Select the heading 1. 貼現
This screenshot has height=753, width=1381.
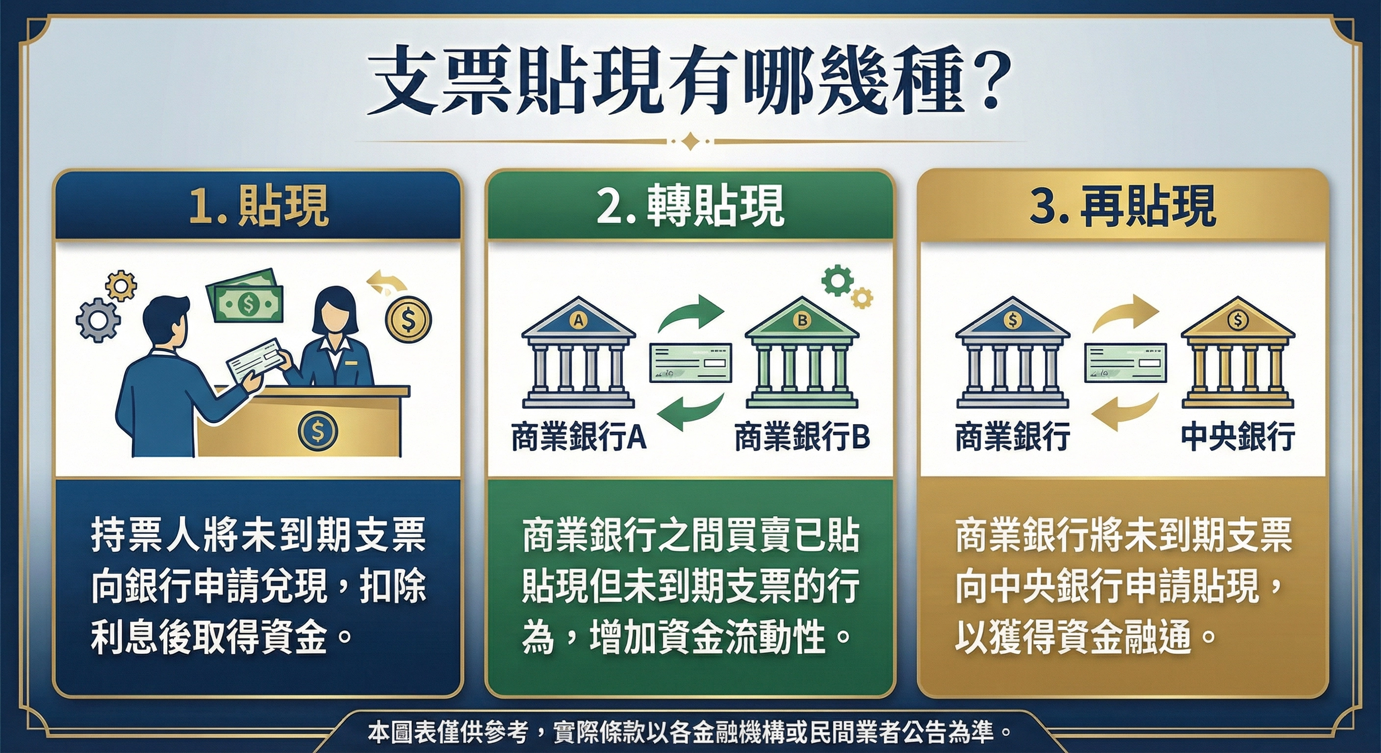pyautogui.click(x=258, y=206)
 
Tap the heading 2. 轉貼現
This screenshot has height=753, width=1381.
pyautogui.click(x=690, y=206)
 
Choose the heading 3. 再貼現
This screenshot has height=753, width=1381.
pyautogui.click(x=1122, y=206)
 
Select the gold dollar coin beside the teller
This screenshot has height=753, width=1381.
pyautogui.click(x=408, y=321)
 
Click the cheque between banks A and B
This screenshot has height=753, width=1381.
pyautogui.click(x=690, y=363)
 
